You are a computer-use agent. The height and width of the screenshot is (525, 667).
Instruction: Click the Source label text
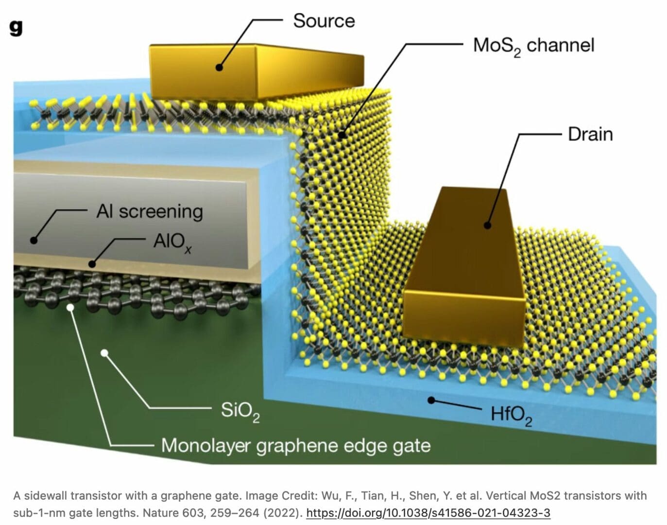coord(324,21)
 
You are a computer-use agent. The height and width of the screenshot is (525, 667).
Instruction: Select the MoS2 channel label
coord(533,46)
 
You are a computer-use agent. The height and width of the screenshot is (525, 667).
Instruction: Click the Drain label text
coord(590,134)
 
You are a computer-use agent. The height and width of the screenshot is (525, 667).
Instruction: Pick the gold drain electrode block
coord(466,272)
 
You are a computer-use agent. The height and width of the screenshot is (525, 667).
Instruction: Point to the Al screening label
coord(150,211)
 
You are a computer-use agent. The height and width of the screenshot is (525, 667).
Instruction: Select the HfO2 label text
coord(511,415)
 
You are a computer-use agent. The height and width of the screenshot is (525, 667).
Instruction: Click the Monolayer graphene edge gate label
coord(295,445)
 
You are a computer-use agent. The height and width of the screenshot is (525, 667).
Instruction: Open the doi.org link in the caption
coord(428,513)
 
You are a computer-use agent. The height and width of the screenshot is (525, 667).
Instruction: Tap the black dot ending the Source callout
coord(220,68)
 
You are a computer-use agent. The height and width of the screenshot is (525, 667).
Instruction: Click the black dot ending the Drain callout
coord(487,225)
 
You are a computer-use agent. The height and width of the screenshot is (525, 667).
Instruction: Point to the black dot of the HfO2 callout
coord(430,400)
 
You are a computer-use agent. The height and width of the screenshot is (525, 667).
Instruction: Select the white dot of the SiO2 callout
coord(104,353)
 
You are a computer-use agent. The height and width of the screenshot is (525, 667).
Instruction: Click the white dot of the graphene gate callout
coord(71,307)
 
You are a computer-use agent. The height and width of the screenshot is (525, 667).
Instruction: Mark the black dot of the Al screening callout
coord(34,240)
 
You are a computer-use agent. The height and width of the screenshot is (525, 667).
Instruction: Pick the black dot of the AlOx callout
coord(92,264)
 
